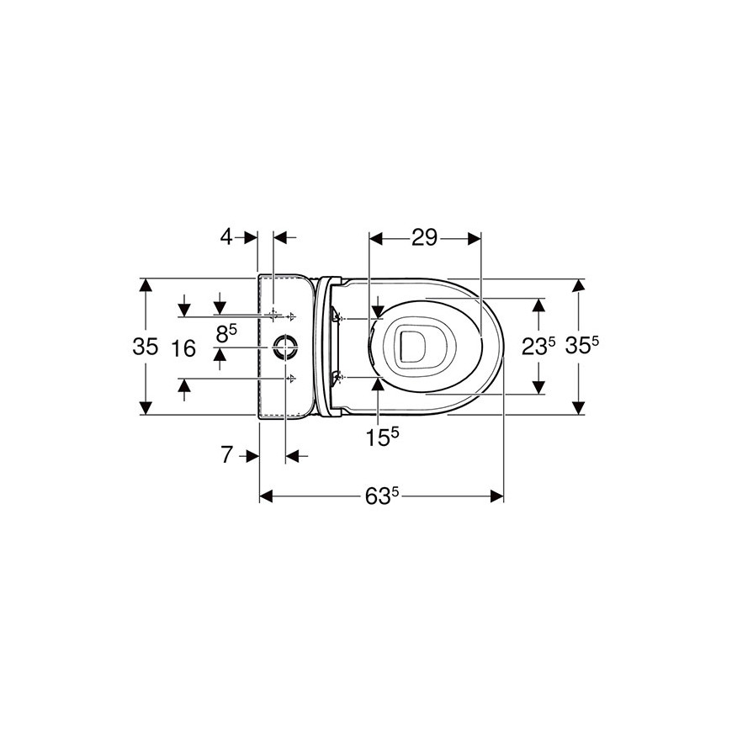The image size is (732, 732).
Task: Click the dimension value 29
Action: tap(424, 237)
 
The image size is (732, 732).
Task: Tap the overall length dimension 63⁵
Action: tap(382, 496)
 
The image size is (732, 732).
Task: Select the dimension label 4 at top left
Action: tap(226, 237)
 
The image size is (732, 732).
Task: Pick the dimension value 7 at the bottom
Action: tap(226, 454)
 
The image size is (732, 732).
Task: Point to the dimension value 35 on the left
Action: tap(146, 347)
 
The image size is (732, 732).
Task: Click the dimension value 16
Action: tap(183, 348)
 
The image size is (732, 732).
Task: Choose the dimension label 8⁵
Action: tap(226, 333)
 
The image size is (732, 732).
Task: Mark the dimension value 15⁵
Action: tap(382, 437)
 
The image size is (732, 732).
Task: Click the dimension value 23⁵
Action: tap(538, 346)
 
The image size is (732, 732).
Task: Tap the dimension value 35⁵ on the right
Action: tap(581, 346)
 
